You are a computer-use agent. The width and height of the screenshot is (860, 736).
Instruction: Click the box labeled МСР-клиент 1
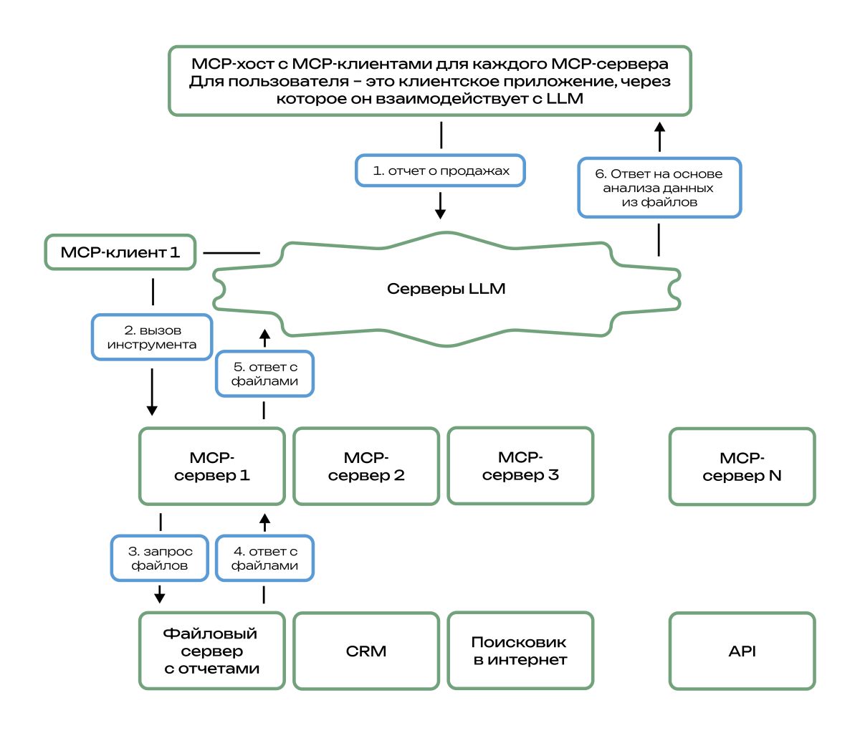(120, 252)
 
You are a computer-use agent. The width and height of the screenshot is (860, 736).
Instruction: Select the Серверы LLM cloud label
(446, 290)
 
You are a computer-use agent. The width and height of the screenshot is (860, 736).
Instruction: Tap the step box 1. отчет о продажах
(441, 171)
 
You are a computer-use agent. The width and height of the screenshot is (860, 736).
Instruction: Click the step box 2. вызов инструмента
(152, 338)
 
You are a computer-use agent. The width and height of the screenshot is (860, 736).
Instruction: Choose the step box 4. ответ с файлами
(264, 558)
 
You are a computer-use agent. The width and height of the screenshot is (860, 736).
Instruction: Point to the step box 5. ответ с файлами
(264, 374)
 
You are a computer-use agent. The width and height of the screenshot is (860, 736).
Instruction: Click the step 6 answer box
(659, 188)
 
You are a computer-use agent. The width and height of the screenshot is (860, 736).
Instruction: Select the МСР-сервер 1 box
(211, 467)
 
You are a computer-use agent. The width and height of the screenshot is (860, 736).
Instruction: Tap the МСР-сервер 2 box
(366, 467)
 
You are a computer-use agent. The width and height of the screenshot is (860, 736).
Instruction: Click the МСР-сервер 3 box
(520, 466)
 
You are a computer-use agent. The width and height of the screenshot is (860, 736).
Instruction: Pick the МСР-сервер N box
(742, 467)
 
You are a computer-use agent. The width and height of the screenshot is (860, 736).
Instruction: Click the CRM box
(366, 651)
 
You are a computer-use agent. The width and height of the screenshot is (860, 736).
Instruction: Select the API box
(742, 651)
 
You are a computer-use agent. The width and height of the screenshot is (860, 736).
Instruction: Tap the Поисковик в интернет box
(520, 651)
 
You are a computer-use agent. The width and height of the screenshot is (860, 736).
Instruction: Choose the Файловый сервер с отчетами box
(211, 651)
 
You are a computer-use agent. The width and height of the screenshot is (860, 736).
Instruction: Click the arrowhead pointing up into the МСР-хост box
(660, 126)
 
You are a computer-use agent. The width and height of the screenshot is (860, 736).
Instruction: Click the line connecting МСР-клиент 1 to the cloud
(231, 253)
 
